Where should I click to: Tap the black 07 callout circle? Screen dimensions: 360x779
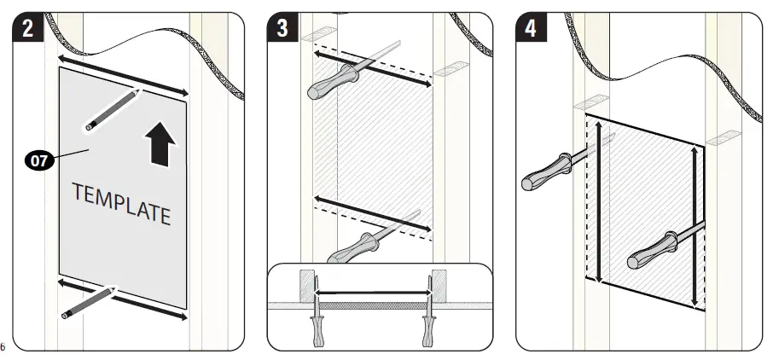(40, 160)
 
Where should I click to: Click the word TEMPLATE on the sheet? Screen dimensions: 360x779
(121, 204)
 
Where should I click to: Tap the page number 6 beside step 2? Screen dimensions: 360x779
(3, 345)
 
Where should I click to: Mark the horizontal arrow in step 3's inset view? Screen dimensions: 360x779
(372, 293)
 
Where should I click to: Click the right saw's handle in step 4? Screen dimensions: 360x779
(652, 249)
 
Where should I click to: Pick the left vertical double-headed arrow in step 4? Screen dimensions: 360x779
(598, 201)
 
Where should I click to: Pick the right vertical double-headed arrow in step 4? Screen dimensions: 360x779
(695, 225)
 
